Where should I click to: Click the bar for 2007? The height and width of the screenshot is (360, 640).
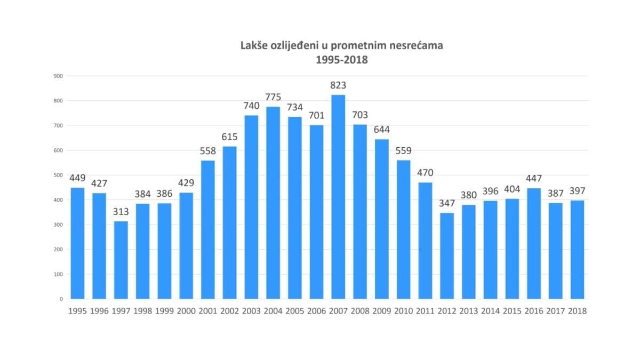(338, 197)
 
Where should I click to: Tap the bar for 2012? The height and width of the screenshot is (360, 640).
(447, 255)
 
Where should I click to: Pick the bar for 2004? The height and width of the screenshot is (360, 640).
(273, 203)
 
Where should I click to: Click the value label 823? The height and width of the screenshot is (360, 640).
(338, 85)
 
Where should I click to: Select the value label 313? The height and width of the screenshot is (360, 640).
(121, 212)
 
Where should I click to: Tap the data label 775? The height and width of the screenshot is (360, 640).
(273, 98)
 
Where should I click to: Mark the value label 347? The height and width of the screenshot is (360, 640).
(447, 204)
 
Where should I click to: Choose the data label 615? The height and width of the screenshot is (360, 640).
(230, 137)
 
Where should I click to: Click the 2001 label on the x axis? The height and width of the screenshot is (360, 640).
(208, 311)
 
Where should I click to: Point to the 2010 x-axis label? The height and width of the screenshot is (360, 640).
(404, 311)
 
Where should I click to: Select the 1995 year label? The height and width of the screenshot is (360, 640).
(77, 311)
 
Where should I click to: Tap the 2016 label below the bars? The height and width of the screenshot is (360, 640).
(534, 311)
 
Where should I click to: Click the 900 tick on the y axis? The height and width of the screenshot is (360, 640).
(59, 76)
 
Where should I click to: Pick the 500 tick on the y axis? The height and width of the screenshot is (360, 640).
(59, 175)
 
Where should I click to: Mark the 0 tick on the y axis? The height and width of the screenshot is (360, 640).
(61, 299)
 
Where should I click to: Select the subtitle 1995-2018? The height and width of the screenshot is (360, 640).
(341, 60)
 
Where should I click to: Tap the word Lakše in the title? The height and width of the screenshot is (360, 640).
(254, 46)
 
